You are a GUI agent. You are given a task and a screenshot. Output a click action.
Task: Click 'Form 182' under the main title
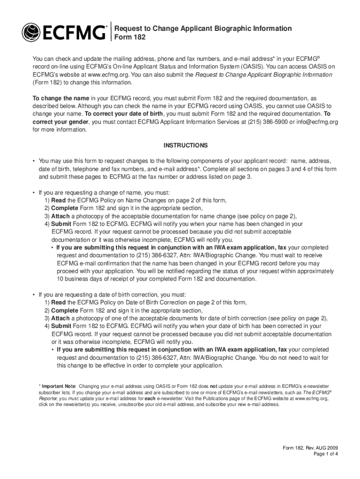[x=130, y=37]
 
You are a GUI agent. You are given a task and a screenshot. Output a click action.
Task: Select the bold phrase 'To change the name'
[x=60, y=98]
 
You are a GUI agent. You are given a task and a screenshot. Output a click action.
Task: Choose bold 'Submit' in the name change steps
[x=61, y=224]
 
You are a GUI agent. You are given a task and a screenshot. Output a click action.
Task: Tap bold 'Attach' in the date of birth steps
[x=60, y=318]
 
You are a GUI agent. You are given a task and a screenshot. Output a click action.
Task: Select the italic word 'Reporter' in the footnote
[x=49, y=399]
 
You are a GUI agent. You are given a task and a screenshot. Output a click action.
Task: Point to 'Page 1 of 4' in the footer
[x=325, y=454]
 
